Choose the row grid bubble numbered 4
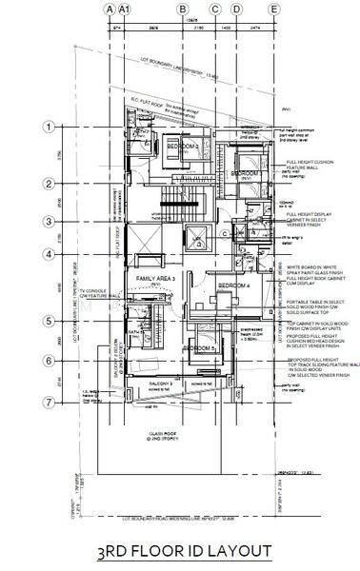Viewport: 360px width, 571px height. coord(46,254)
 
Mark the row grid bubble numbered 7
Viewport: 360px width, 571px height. coord(46,401)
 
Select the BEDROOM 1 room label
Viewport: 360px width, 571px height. coord(246,174)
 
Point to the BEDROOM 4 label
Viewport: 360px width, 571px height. coord(232,286)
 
